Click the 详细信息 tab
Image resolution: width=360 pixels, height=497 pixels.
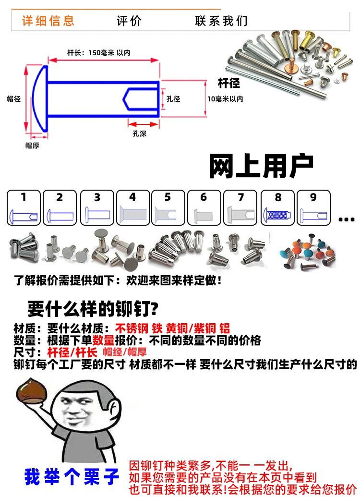pyautogui.click(x=48, y=21)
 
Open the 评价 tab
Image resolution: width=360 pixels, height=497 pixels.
pyautogui.click(x=129, y=21)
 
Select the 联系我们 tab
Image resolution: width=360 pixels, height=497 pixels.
pyautogui.click(x=221, y=21)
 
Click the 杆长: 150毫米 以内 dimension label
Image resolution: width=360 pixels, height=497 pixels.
pyautogui.click(x=98, y=53)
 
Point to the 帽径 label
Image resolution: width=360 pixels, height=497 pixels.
pyautogui.click(x=13, y=99)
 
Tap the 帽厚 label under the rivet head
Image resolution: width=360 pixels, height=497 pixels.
pyautogui.click(x=32, y=145)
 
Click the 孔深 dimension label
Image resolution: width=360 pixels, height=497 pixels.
pyautogui.click(x=139, y=133)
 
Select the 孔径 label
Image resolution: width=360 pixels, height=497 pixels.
pyautogui.click(x=173, y=99)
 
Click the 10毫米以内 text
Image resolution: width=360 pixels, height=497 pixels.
pyautogui.click(x=225, y=99)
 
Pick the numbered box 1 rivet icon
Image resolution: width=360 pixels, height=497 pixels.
pyautogui.click(x=24, y=207)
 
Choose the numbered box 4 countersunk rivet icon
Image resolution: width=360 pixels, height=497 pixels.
pyautogui.click(x=133, y=207)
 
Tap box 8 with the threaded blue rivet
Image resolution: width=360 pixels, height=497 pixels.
pyautogui.click(x=277, y=207)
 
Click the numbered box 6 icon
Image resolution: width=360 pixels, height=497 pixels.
pyautogui.click(x=204, y=207)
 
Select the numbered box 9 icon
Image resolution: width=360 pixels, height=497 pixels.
pyautogui.click(x=314, y=207)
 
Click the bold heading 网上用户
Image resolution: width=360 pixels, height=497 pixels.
pyautogui.click(x=261, y=166)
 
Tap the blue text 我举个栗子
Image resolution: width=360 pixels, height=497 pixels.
pyautogui.click(x=72, y=477)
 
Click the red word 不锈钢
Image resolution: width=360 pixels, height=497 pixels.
pyautogui.click(x=132, y=328)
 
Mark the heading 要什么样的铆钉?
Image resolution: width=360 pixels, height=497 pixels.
pyautogui.click(x=93, y=308)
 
